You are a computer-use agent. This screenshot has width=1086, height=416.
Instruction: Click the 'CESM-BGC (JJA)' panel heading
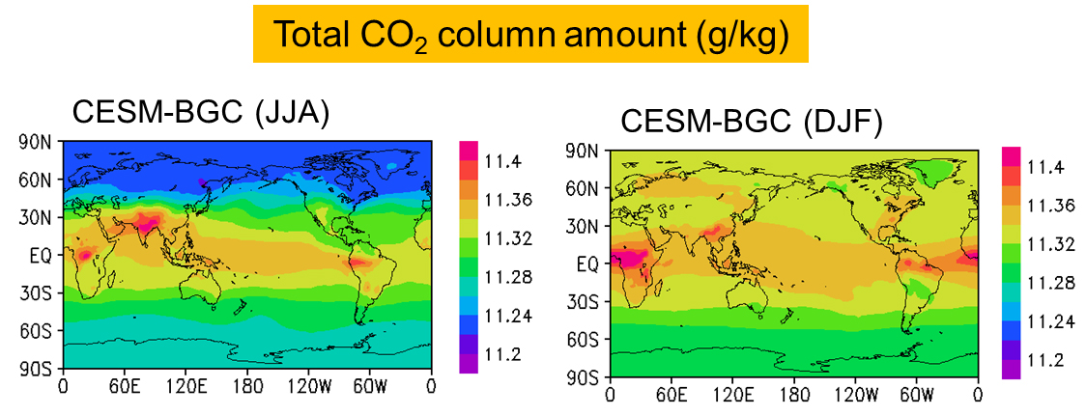tap(201, 114)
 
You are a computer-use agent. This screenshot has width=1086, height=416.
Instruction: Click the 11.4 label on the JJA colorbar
tap(504, 160)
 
